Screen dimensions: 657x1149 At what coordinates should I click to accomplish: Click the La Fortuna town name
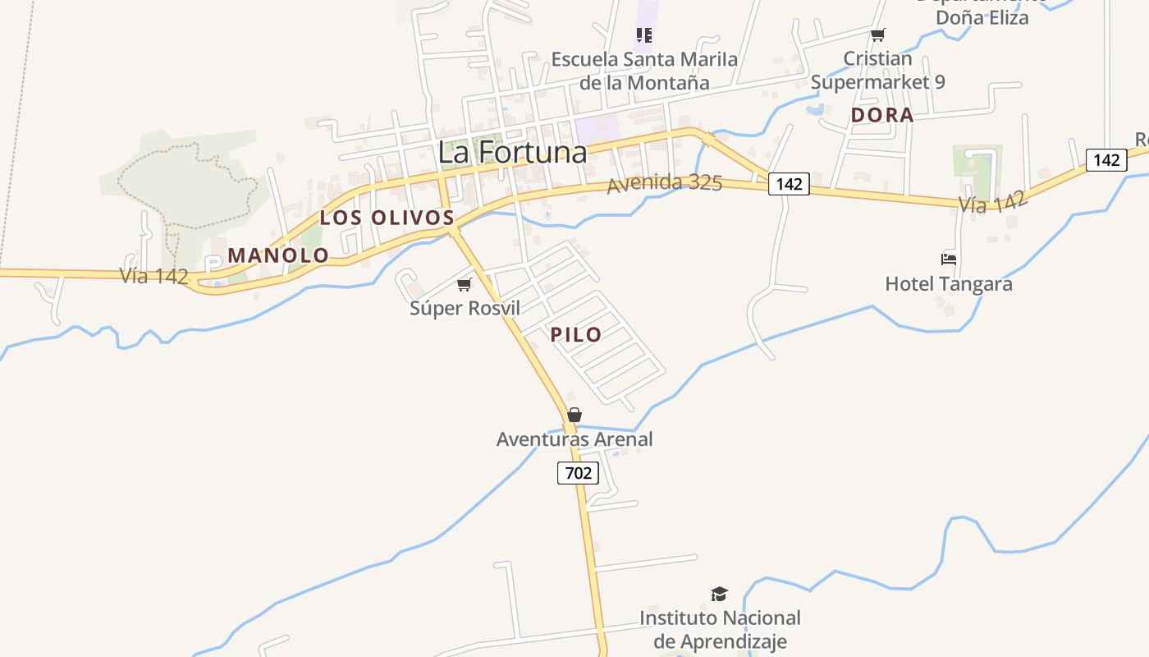pos(512,153)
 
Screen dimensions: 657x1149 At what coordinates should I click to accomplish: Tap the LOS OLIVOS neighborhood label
pos(387,218)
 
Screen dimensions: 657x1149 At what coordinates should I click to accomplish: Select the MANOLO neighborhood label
pos(278,255)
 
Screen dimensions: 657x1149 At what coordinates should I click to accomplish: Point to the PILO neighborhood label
pos(576,334)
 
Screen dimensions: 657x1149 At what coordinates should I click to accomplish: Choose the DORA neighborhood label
pos(882,116)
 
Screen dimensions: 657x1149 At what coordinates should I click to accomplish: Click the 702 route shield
pos(578,473)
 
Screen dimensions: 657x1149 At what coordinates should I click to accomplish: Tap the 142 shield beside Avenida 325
pos(789,184)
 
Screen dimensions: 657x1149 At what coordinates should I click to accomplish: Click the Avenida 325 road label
pos(664,183)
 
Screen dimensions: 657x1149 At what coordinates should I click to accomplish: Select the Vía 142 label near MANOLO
pos(153,276)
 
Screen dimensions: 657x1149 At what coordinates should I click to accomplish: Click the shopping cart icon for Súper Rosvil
pos(465,285)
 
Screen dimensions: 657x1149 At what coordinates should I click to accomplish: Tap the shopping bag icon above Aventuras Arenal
pos(574,415)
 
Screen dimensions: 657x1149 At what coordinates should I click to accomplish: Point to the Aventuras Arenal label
pos(574,439)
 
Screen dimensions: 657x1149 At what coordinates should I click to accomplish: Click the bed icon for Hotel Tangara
pos(949,260)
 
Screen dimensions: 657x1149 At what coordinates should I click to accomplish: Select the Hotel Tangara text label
pos(948,284)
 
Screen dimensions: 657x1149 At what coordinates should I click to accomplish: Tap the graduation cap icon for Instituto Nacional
pos(719,594)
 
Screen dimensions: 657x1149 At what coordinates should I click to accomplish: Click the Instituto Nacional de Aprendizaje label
pos(720,629)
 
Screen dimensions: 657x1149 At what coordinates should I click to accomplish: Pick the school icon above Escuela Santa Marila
pos(644,34)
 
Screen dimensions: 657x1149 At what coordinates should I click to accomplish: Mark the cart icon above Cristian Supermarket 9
pos(878,34)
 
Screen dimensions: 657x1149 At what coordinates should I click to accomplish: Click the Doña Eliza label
pos(982,16)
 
